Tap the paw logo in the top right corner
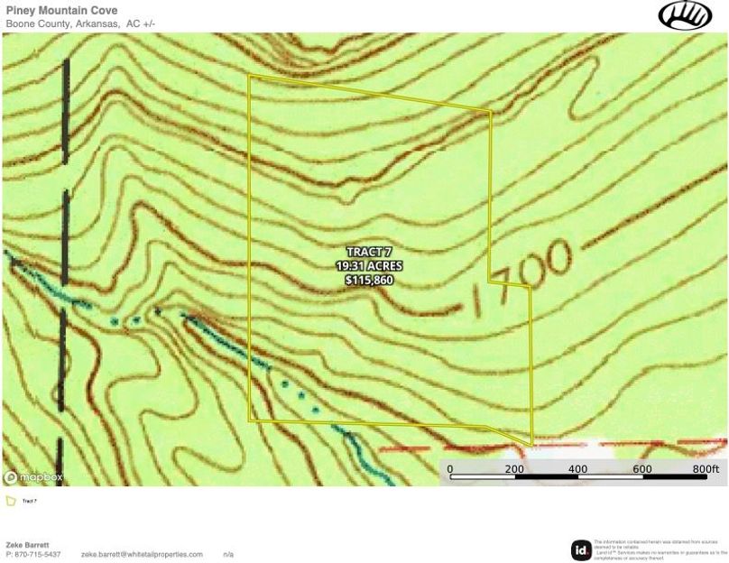[x=685, y=15]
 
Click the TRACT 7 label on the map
[x=369, y=253]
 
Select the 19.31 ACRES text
[x=369, y=267]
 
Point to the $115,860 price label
[x=369, y=281]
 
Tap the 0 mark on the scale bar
[x=450, y=469]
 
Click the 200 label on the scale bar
[x=514, y=469]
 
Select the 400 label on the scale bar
[x=578, y=469]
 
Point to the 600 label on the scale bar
[x=642, y=469]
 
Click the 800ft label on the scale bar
[x=706, y=469]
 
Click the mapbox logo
[x=34, y=476]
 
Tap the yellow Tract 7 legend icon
[x=11, y=501]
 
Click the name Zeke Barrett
[x=27, y=545]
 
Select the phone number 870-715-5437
[x=34, y=554]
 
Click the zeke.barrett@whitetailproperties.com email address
[x=142, y=554]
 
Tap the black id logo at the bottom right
[x=581, y=549]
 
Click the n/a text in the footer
[x=228, y=554]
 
